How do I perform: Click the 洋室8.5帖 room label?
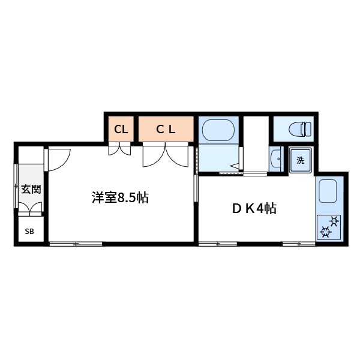tap(120, 198)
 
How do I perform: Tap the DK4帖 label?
tap(254, 209)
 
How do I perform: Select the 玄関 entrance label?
tap(31, 190)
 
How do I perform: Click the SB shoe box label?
tap(29, 231)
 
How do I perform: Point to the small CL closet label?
tap(121, 128)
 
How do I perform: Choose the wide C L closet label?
tap(166, 128)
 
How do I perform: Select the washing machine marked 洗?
tap(300, 160)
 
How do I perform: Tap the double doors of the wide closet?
tap(166, 155)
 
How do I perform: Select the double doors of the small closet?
tap(120, 149)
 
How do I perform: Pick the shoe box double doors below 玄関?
tap(30, 209)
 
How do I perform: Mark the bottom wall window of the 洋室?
tap(76, 244)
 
